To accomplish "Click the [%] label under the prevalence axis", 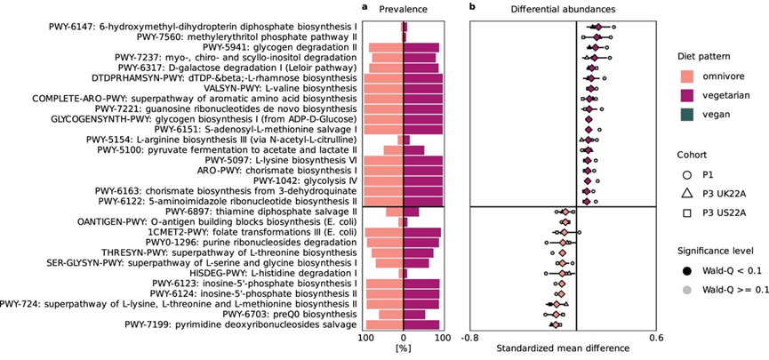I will tap(403, 348).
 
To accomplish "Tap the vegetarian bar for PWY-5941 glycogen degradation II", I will tap(421, 47).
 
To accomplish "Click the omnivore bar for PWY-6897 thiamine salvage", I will tap(394, 212).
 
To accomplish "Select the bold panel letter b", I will tap(472, 8).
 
